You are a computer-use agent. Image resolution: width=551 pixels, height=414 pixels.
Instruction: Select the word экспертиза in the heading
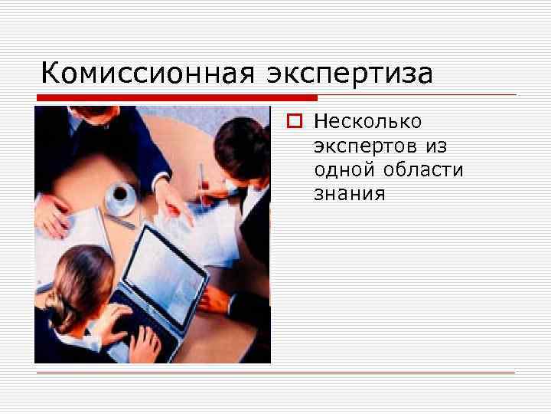tap(350, 74)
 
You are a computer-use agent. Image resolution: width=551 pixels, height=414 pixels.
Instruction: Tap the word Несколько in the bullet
tap(367, 121)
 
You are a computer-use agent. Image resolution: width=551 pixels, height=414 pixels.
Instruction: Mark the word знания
tap(349, 193)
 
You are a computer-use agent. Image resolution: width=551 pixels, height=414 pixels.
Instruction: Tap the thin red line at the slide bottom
tap(275, 373)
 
